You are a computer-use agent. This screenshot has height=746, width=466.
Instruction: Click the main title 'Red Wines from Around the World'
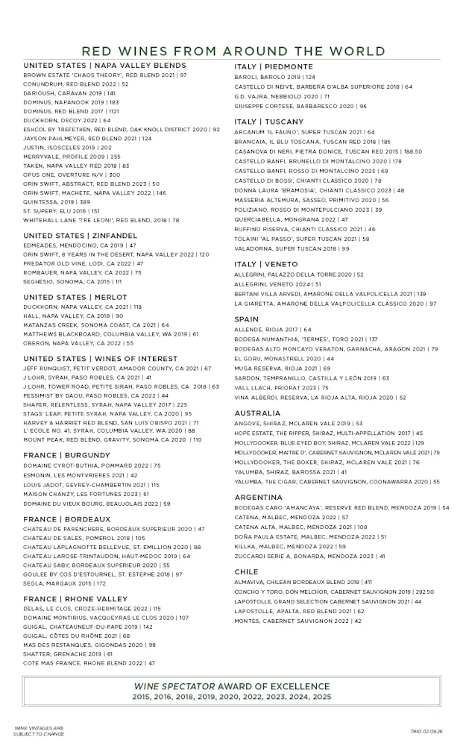pos(233,51)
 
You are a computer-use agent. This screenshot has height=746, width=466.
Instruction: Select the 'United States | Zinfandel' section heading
pos(81,235)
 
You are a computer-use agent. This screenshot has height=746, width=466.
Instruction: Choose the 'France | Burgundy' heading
pos(67,455)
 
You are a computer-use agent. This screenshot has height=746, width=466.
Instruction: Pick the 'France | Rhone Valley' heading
pos(75,599)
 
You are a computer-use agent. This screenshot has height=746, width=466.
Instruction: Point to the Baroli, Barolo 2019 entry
pos(275,77)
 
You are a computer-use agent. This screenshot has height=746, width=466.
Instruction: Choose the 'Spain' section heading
pos(247,319)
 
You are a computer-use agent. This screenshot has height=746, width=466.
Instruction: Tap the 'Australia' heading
pos(257,413)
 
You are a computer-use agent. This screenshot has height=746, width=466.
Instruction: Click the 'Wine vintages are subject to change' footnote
pos(39,730)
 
